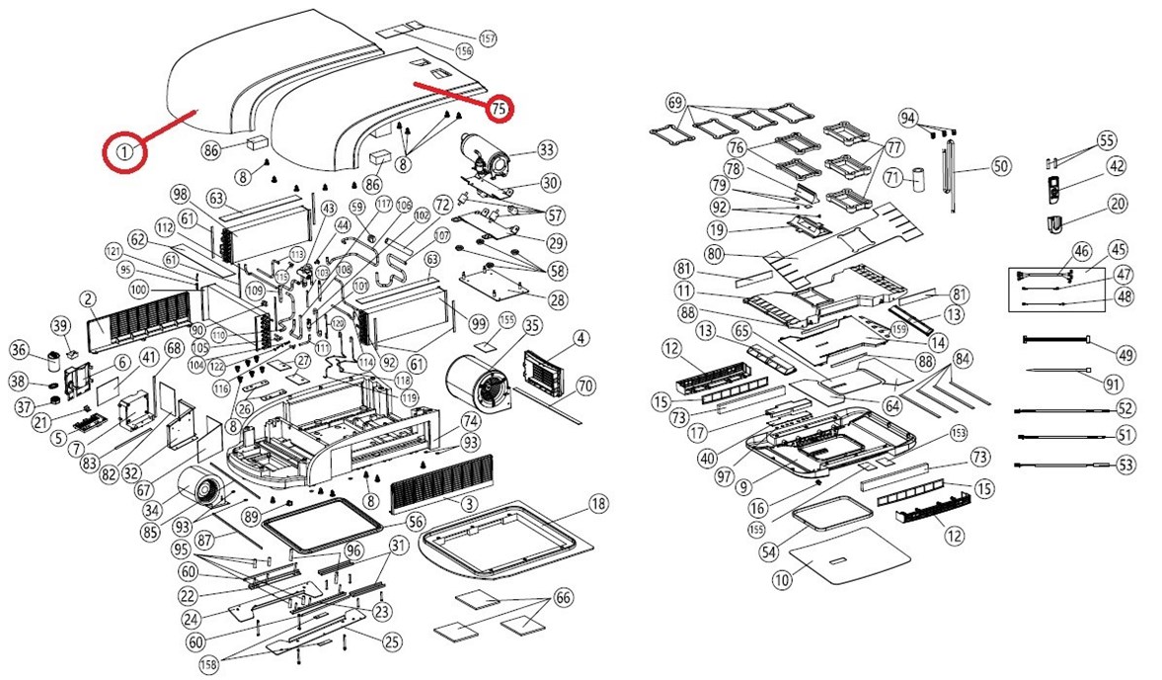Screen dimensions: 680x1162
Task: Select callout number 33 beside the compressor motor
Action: (x=547, y=150)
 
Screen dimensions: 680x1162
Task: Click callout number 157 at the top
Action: (x=486, y=38)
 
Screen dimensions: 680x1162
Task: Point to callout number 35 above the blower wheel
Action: (x=532, y=326)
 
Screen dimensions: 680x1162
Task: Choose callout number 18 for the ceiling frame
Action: (x=597, y=505)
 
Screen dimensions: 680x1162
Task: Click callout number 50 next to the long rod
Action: (x=1001, y=166)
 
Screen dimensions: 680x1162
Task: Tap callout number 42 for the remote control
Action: (x=1117, y=166)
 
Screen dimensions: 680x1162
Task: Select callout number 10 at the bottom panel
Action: (x=782, y=580)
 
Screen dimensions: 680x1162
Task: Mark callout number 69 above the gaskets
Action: (x=675, y=102)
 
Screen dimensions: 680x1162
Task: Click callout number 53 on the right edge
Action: (x=1125, y=465)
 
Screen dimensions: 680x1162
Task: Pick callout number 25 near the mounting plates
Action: (x=392, y=641)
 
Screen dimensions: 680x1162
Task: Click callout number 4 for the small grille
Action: (x=581, y=339)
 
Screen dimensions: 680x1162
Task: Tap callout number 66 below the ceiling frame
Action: (x=563, y=597)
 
